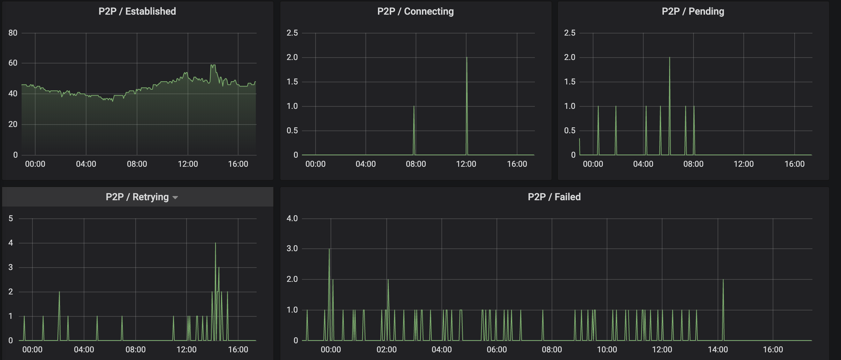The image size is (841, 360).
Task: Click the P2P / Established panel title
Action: (x=137, y=12)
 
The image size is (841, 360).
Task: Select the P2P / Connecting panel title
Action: (x=415, y=12)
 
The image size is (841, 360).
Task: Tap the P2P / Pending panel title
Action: (x=693, y=12)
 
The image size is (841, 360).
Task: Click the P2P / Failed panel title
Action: (x=554, y=197)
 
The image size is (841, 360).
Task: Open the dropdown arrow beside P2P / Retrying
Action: (x=175, y=198)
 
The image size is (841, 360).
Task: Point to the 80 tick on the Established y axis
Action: (x=13, y=33)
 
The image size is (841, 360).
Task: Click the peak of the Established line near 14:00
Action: (x=213, y=65)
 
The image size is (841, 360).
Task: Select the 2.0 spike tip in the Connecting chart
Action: (x=467, y=58)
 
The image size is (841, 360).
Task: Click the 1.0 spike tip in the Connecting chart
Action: (x=414, y=106)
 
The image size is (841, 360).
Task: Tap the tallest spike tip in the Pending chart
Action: (x=669, y=58)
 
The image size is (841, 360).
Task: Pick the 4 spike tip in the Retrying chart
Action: (x=215, y=243)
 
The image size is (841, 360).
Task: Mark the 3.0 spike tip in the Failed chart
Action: (x=329, y=249)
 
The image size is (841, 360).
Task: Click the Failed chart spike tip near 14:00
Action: (x=723, y=280)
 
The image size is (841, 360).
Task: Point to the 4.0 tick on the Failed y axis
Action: (x=292, y=219)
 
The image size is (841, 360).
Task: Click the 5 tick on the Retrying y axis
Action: (x=11, y=219)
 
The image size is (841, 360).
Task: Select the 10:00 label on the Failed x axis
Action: (x=607, y=350)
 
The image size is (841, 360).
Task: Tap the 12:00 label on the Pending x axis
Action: (x=743, y=164)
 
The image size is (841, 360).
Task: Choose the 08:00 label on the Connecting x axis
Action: (x=416, y=164)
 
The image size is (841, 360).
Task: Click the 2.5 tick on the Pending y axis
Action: (x=570, y=33)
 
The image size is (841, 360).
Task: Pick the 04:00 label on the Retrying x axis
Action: (x=84, y=350)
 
